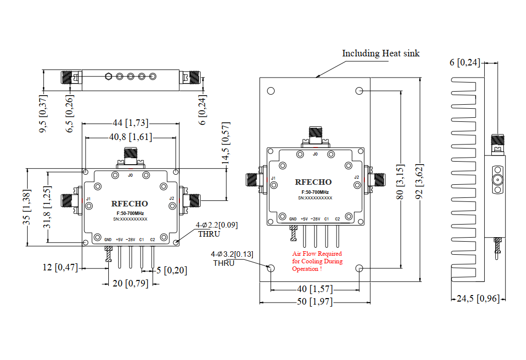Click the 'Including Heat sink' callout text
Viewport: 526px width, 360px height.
tap(380, 53)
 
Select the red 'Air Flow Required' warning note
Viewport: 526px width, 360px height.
tap(317, 261)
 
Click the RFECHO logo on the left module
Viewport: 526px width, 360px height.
tap(129, 203)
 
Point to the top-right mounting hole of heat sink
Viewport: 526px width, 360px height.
tap(359, 91)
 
